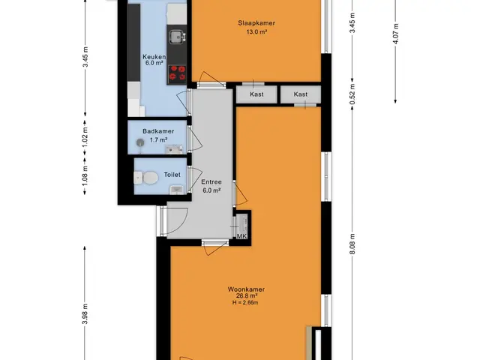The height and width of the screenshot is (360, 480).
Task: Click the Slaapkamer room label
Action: [256, 23]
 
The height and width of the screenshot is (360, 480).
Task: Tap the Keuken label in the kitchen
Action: [154, 57]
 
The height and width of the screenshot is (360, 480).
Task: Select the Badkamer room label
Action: [158, 131]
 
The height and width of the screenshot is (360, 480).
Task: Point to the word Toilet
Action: [172, 175]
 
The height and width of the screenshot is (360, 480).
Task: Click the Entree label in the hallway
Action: [211, 181]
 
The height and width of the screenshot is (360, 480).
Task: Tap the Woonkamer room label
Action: [246, 289]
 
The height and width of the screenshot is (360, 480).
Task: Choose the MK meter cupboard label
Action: [241, 236]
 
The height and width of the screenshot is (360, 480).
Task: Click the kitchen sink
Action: [177, 37]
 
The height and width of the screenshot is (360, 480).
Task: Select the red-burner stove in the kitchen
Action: [177, 74]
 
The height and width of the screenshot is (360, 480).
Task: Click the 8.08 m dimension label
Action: [352, 244]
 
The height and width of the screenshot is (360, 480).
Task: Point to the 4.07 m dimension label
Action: [396, 34]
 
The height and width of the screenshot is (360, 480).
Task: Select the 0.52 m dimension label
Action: [352, 94]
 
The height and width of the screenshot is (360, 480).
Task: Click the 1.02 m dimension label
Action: [85, 136]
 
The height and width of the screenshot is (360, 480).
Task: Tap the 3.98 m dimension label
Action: [85, 314]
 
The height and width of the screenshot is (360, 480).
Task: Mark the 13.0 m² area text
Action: [256, 31]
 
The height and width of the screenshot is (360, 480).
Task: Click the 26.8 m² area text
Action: [246, 296]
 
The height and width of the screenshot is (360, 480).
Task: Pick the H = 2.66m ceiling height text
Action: [245, 303]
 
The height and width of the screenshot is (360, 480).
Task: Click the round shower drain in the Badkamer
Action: [140, 142]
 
